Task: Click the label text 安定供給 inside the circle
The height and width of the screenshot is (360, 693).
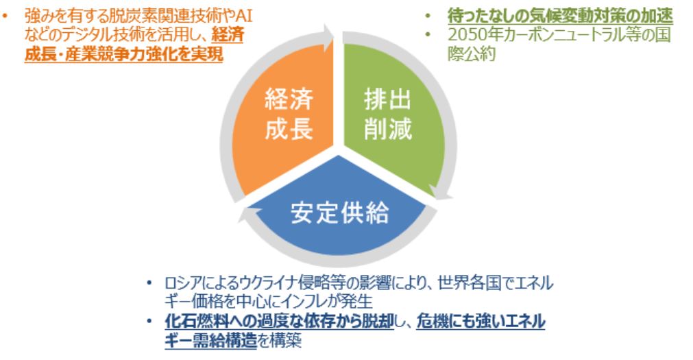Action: coord(339,213)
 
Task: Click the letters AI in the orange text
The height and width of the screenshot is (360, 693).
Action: coord(243,16)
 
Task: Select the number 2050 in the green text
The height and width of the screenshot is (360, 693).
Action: coord(465,34)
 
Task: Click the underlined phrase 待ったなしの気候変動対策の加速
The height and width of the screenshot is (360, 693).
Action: coord(559,15)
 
